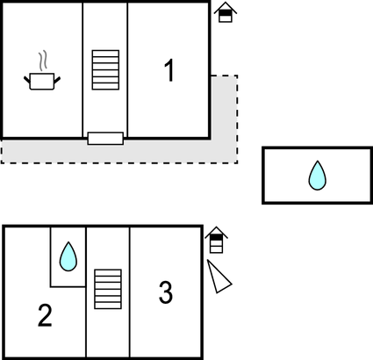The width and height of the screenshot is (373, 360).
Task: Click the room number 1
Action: [x=169, y=70]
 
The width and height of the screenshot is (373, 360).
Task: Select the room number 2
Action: [x=45, y=315]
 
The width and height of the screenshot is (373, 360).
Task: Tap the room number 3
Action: [x=166, y=292]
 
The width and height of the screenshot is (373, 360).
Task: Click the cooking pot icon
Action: [x=42, y=81]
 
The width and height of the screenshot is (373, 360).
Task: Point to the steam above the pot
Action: [x=43, y=61]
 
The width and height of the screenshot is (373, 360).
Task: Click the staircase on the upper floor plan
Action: [x=105, y=70]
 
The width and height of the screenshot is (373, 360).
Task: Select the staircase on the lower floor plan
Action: [x=108, y=289]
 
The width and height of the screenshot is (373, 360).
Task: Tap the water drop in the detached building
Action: [x=318, y=176]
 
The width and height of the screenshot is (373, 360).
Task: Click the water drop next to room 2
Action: [x=68, y=256]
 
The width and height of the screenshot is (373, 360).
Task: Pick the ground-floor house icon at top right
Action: [x=226, y=12]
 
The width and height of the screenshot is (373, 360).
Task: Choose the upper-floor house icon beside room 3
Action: [x=217, y=240]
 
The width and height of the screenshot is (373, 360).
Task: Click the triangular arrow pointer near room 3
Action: [x=219, y=277]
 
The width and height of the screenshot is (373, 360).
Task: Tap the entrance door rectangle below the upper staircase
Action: [x=105, y=139]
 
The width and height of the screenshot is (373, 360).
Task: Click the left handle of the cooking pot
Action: [x=27, y=80]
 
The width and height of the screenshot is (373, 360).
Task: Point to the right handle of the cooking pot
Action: [x=57, y=80]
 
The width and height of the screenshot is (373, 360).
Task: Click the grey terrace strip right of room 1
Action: [x=225, y=117]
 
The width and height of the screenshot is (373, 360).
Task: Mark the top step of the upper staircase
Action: [x=105, y=54]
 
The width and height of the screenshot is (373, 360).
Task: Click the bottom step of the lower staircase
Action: [x=108, y=306]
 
